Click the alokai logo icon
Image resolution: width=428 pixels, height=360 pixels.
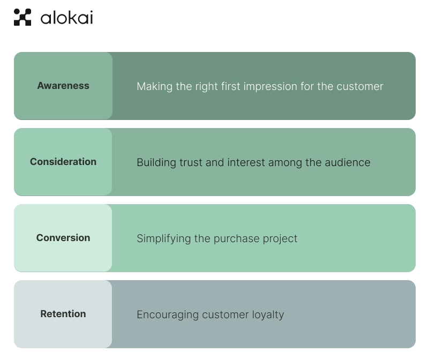[22, 17]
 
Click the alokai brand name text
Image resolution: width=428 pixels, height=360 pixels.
[66, 18]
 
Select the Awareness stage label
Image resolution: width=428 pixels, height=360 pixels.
[63, 86]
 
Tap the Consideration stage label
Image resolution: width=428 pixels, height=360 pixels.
[63, 162]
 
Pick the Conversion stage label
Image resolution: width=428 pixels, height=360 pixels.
[63, 238]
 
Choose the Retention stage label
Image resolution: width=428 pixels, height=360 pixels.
[63, 314]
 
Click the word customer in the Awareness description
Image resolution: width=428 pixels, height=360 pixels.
[360, 86]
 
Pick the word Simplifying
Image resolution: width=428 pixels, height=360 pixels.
[163, 238]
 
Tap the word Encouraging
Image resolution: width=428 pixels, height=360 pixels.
[168, 314]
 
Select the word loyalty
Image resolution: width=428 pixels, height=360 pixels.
[267, 314]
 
